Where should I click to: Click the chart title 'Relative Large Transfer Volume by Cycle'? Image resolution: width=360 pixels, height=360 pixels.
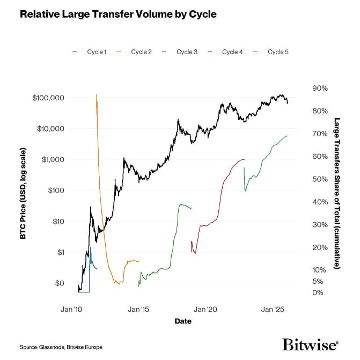click(x=118, y=14)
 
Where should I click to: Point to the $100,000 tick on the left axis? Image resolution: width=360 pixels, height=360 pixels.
click(x=48, y=98)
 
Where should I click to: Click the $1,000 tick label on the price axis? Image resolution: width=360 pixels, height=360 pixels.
click(x=53, y=159)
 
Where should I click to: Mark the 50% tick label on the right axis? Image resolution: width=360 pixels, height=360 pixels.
click(x=319, y=179)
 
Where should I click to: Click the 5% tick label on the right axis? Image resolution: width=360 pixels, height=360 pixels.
click(x=318, y=281)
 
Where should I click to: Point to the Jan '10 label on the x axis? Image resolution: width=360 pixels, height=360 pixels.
click(x=70, y=310)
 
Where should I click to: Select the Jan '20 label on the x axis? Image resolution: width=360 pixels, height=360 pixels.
click(x=205, y=310)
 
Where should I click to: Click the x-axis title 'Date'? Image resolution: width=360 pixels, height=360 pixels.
click(x=183, y=321)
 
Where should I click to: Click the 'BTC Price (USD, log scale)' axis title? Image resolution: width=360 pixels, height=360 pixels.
click(x=24, y=190)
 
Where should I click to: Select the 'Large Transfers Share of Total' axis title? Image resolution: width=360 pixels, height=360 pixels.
click(x=336, y=193)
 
